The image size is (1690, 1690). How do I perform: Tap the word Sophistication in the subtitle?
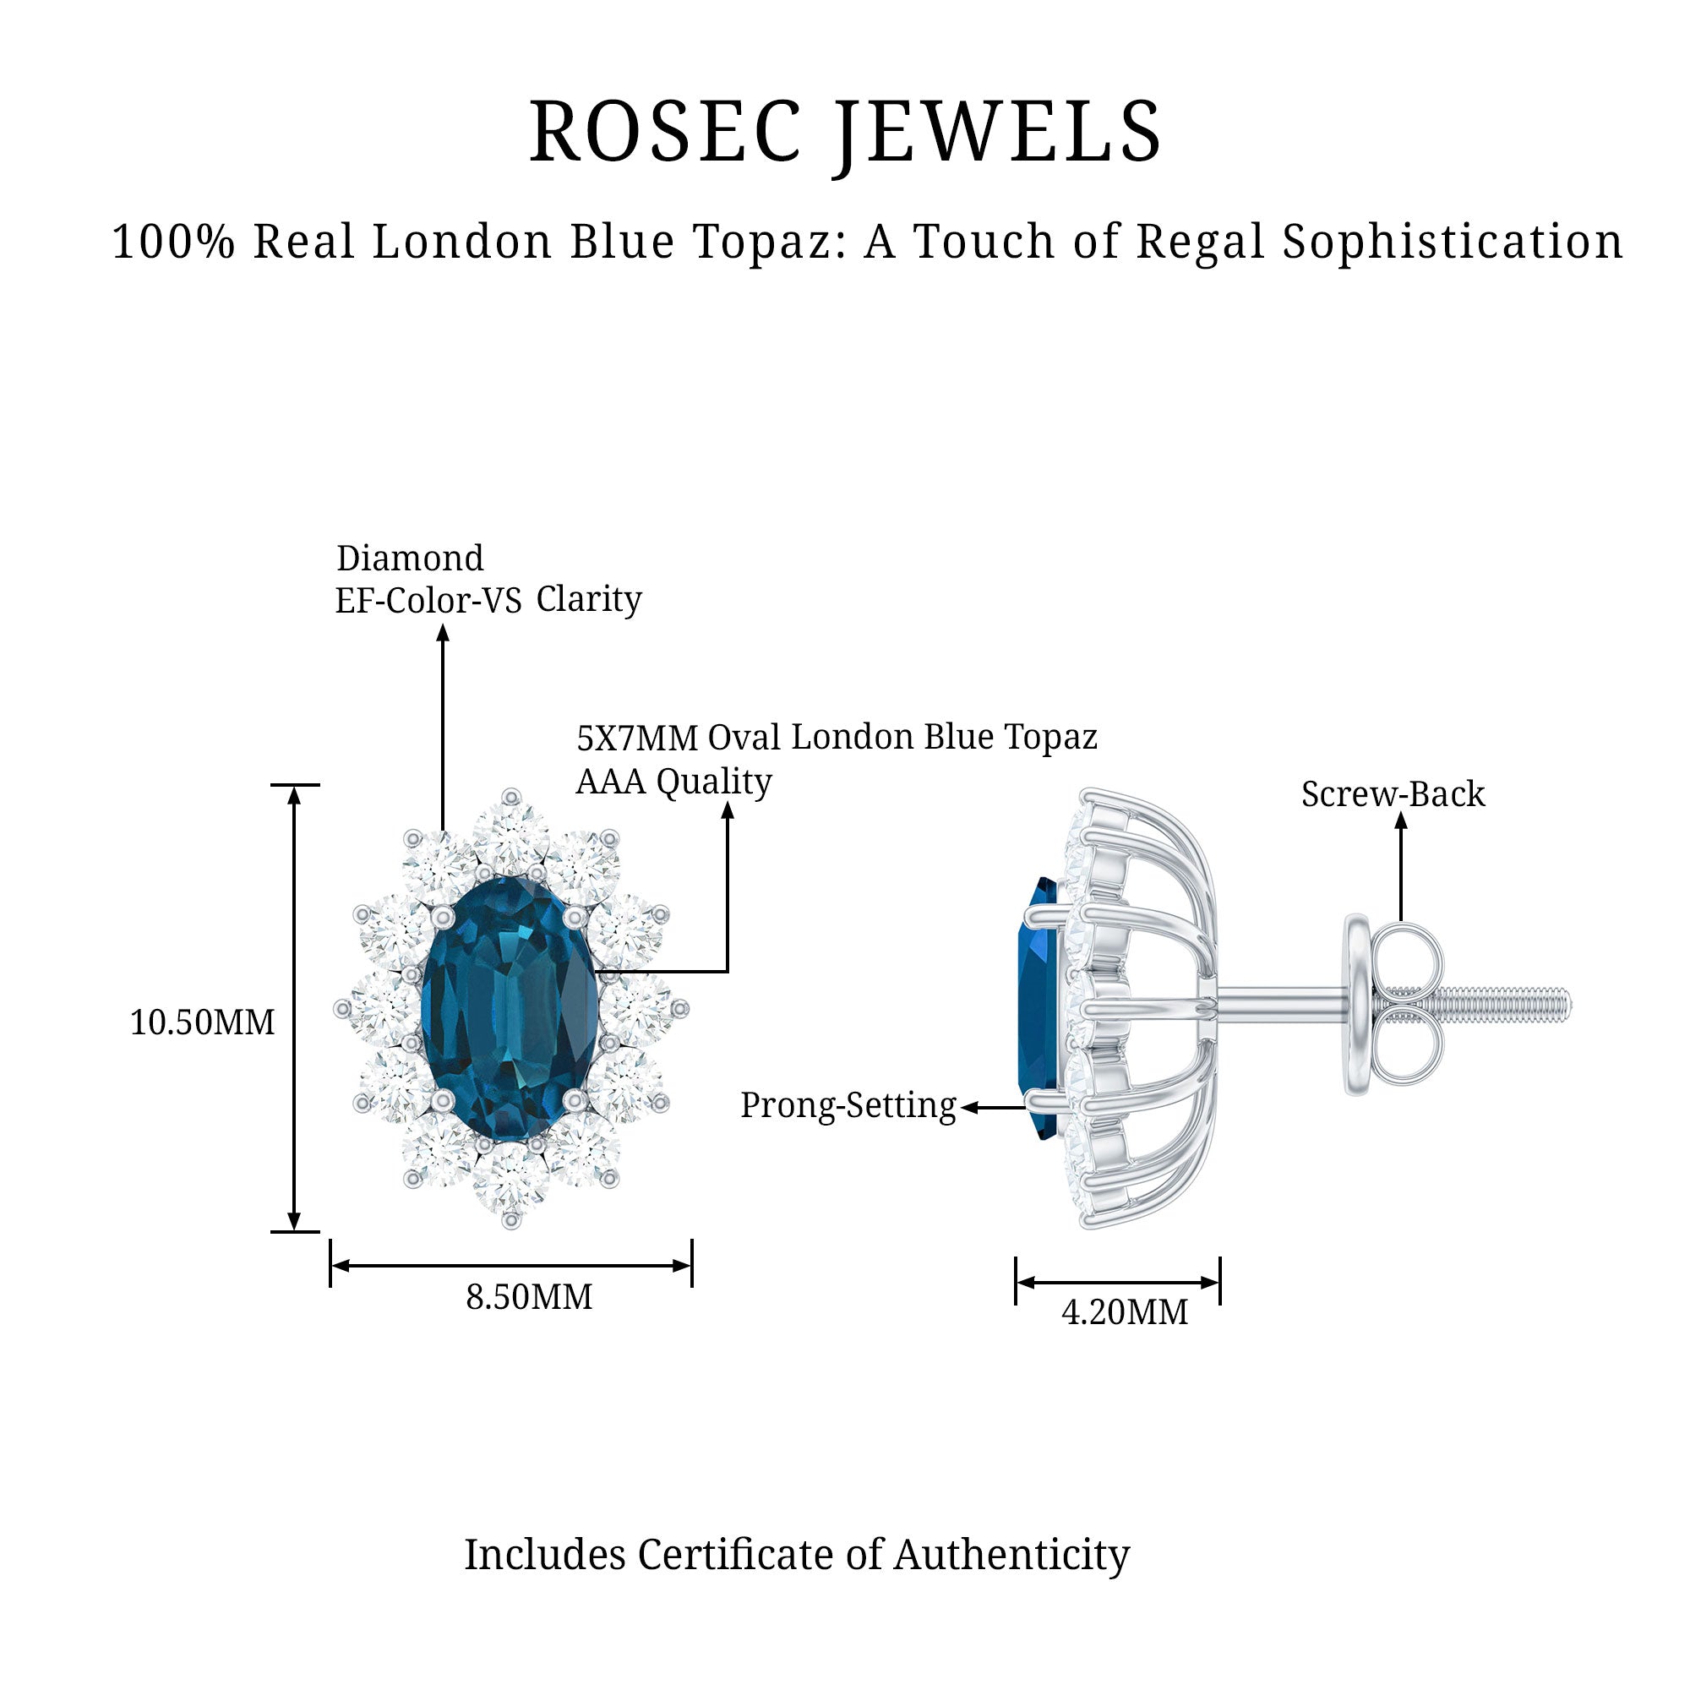1453,243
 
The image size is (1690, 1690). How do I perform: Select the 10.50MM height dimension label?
202,1022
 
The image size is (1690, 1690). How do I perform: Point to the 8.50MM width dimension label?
528,1296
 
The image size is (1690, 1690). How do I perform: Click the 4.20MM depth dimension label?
1125,1312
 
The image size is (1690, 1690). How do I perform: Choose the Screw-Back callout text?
1393,794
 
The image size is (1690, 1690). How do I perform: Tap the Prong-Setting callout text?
848,1105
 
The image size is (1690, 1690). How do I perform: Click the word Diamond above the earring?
409,558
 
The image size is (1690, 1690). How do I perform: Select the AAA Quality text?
673,781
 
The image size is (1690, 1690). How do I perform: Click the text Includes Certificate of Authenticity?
797,1555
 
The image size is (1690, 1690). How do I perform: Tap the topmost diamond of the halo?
511,831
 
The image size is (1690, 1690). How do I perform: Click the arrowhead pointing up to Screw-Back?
1400,820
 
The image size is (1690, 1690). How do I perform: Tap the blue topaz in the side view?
1038,1008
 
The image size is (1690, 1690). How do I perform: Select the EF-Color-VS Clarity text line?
488,600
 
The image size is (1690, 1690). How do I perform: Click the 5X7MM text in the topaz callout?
637,739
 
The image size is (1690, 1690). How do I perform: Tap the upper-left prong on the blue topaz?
444,917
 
